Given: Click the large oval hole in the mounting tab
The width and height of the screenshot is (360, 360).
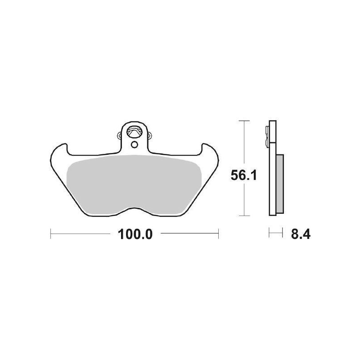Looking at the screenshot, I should [134, 132].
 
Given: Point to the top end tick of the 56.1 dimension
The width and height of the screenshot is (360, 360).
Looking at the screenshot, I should [243, 121].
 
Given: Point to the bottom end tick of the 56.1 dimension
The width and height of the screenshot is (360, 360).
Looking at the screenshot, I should [243, 215].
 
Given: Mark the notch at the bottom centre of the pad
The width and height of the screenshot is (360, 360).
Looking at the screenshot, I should [134, 208].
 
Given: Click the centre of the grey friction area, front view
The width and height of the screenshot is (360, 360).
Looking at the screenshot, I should [134, 182].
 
